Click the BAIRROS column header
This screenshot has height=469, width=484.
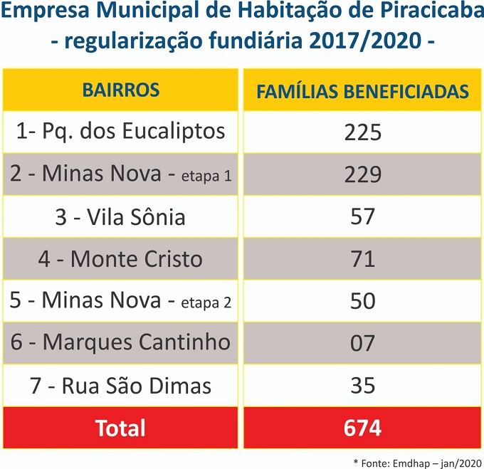[x=120, y=90]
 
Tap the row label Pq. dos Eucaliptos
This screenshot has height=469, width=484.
[x=120, y=132]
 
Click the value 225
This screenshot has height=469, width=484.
[x=362, y=132]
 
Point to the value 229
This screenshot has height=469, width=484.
[x=362, y=174]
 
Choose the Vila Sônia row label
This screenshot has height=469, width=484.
[x=120, y=217]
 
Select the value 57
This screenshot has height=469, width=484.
[x=362, y=217]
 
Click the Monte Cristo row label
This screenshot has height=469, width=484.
[x=120, y=259]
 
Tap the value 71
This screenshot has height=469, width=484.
[x=362, y=259]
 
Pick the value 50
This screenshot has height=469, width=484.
[x=362, y=301]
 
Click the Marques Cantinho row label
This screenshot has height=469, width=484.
[x=120, y=343]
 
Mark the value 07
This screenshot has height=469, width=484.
[x=362, y=343]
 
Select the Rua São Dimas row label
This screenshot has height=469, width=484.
[x=120, y=386]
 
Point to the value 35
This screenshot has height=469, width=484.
[x=362, y=386]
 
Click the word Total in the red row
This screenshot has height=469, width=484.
[x=120, y=428]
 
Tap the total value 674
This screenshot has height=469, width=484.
[x=362, y=428]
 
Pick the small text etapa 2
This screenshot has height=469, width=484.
[x=206, y=303]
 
